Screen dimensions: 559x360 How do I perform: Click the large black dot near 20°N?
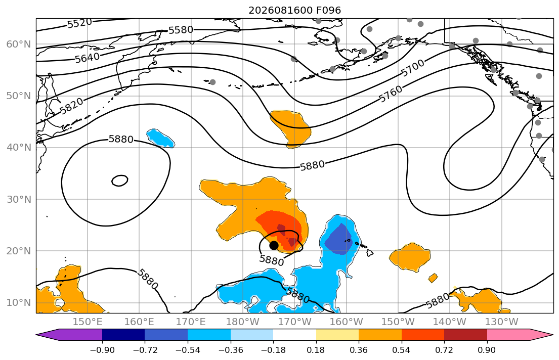click(274, 245)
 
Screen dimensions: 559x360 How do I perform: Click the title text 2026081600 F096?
click(294, 10)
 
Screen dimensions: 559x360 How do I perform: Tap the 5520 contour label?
click(79, 24)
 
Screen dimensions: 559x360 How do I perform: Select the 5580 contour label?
click(181, 30)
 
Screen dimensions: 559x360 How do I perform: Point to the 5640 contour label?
click(88, 58)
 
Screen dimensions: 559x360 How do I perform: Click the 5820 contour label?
click(72, 106)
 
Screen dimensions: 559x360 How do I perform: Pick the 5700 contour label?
click(413, 68)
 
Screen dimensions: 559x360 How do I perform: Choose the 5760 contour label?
click(391, 94)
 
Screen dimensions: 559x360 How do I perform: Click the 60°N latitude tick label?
click(19, 44)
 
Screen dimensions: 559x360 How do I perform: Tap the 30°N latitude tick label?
click(19, 199)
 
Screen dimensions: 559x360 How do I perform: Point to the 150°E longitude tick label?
click(88, 322)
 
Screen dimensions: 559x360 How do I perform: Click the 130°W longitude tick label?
click(502, 322)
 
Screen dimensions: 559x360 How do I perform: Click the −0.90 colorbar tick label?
click(102, 350)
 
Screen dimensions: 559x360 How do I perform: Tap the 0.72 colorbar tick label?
click(444, 350)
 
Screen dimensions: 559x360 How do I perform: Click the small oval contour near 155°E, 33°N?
click(120, 181)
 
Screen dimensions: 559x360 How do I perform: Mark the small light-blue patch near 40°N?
click(160, 138)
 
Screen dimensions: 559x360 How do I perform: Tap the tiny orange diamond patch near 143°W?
click(433, 278)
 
